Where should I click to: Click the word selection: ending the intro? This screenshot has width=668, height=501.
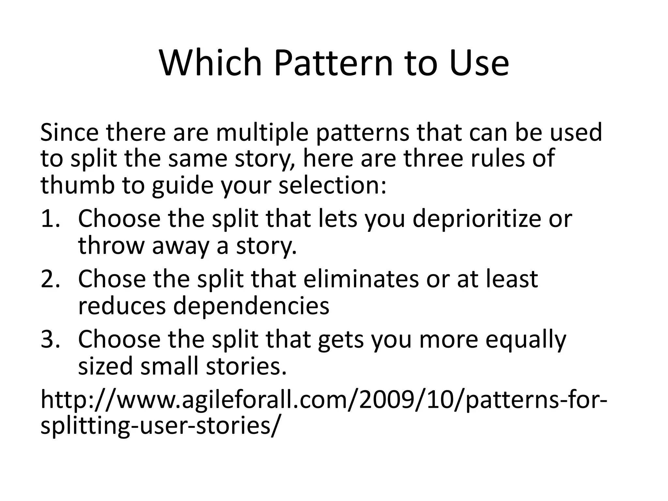[333, 185]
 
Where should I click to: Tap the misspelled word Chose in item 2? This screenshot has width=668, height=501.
[112, 279]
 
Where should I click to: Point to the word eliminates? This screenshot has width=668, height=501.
[361, 279]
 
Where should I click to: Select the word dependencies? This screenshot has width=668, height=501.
[251, 306]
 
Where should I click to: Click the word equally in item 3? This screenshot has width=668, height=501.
[525, 339]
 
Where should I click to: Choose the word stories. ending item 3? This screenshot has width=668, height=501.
[246, 366]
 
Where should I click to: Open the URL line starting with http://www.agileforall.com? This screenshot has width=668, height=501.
[323, 401]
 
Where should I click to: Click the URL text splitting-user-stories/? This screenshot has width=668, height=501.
[160, 426]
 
